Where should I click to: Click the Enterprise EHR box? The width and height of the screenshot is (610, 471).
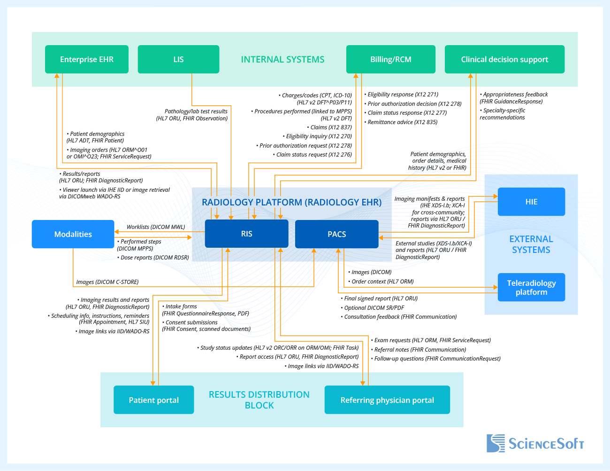click(87, 59)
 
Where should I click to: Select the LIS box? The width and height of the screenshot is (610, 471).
click(178, 59)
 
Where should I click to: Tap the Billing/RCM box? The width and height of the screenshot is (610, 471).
click(390, 59)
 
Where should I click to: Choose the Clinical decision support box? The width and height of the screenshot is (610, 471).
click(504, 59)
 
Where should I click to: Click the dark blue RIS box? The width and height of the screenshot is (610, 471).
click(246, 234)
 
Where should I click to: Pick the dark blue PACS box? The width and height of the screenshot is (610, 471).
click(336, 234)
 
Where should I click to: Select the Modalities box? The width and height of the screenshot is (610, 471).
click(73, 234)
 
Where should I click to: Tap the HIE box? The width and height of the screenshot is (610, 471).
click(531, 202)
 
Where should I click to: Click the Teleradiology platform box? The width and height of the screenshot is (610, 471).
click(531, 287)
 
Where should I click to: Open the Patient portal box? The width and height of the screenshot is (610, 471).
click(153, 400)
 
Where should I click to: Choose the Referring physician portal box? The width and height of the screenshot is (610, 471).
click(387, 400)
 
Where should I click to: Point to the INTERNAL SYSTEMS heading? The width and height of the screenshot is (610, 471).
click(282, 60)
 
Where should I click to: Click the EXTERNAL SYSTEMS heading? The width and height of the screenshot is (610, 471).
click(531, 244)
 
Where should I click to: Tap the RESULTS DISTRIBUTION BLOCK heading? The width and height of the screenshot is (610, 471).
click(259, 400)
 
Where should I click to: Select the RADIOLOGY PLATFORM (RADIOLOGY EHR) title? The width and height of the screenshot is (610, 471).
click(291, 202)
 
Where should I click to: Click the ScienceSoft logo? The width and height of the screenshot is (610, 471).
click(535, 443)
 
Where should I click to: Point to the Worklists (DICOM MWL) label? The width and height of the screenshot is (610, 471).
click(156, 227)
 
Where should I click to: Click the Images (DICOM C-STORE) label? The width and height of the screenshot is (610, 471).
click(107, 282)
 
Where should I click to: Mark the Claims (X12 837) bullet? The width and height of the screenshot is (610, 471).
click(330, 127)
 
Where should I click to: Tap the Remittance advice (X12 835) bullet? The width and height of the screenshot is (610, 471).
click(402, 122)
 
